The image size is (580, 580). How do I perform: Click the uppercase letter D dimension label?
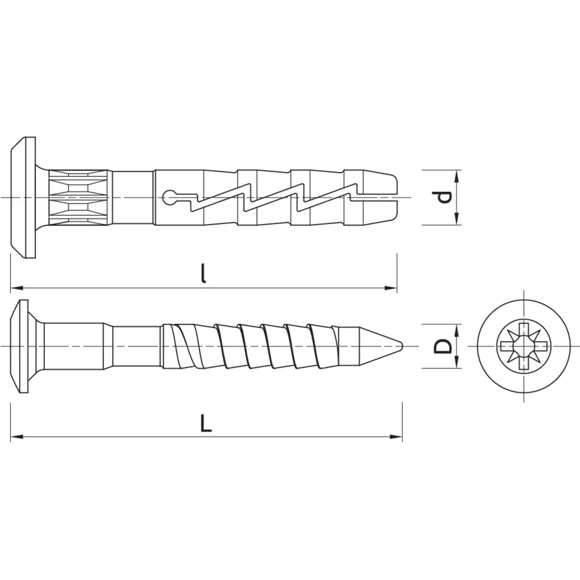click(x=442, y=346)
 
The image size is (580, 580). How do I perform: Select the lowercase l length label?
click(x=204, y=273)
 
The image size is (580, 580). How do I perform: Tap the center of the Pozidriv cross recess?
click(x=524, y=346)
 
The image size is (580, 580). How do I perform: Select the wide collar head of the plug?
click(x=25, y=198)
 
